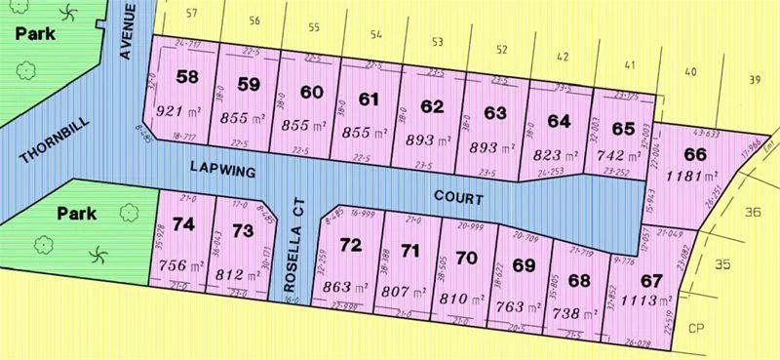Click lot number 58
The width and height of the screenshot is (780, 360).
[187, 77]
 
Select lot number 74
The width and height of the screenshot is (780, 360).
[182, 223]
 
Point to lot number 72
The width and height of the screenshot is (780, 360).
[350, 243]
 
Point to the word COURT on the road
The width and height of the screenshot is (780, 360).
[458, 197]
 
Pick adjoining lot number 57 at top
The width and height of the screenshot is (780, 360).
[190, 14]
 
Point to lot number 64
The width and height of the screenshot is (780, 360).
[559, 121]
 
